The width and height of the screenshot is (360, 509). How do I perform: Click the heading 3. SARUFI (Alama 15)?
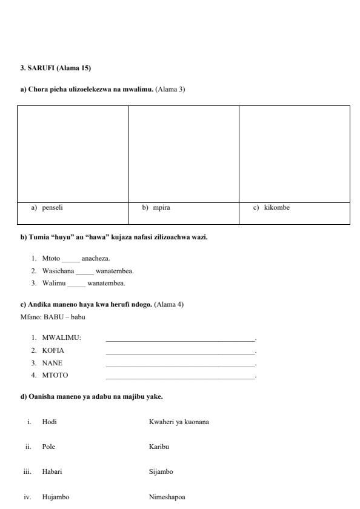[x=56, y=68]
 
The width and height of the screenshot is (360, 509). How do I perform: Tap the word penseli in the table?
[x=52, y=208]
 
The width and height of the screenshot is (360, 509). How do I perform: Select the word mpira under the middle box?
[x=161, y=208]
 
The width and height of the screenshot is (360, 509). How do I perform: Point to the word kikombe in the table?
[x=276, y=208]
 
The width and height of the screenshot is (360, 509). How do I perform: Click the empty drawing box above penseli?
[x=73, y=154]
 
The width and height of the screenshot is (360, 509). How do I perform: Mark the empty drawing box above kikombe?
[x=295, y=154]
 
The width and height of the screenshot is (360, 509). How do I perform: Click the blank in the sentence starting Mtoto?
[x=71, y=259]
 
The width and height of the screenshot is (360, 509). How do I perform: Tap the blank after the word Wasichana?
[x=85, y=271]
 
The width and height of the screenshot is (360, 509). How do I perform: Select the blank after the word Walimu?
[x=77, y=284]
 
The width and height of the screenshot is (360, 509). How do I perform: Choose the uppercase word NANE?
[x=52, y=363]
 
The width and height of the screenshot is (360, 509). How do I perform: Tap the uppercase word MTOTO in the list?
[x=55, y=376]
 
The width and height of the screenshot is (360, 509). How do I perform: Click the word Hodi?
[x=49, y=422]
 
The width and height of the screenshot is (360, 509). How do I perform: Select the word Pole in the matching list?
[x=48, y=447]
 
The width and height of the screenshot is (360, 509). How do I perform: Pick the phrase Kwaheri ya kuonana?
[x=179, y=422]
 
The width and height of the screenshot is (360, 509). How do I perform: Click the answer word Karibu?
[x=159, y=447]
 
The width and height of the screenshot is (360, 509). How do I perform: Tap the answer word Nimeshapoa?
[x=167, y=497]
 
